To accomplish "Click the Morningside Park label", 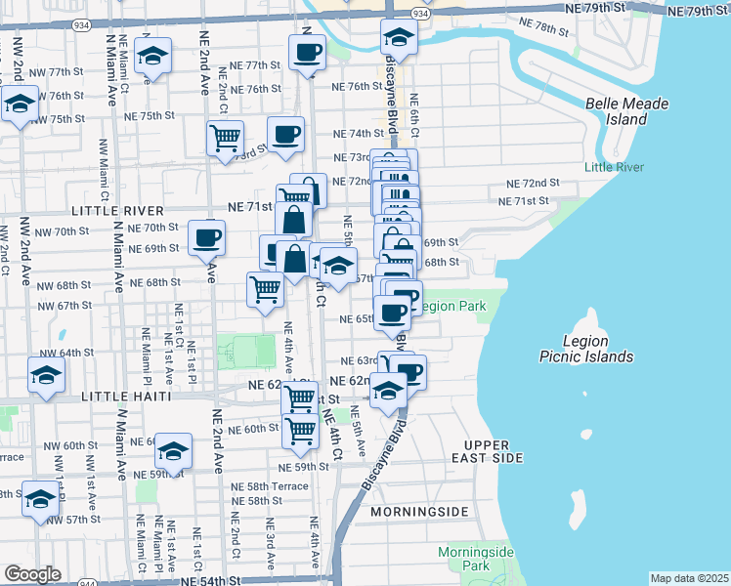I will pyautogui.click(x=475, y=559).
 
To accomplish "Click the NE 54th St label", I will pyautogui.click(x=207, y=580).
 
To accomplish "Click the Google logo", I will pyautogui.click(x=32, y=574).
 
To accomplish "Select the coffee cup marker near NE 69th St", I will pyautogui.click(x=206, y=238).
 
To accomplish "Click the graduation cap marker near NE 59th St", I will pyautogui.click(x=173, y=451).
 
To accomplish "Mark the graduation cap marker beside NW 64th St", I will pyautogui.click(x=46, y=376).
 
